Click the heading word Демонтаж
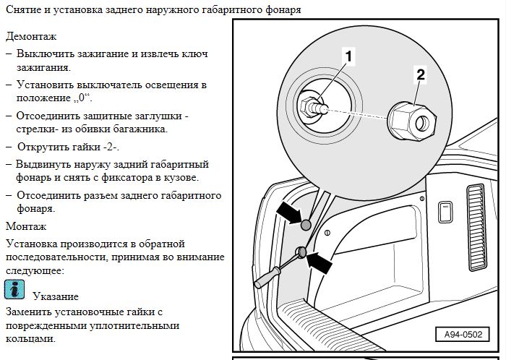point(30,35)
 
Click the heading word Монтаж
point(25,226)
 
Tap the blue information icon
point(14,289)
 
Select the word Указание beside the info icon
point(55,296)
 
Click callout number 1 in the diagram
point(348,55)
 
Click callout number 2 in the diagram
point(421,72)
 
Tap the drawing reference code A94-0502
point(462,335)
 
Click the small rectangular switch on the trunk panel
point(446,212)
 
